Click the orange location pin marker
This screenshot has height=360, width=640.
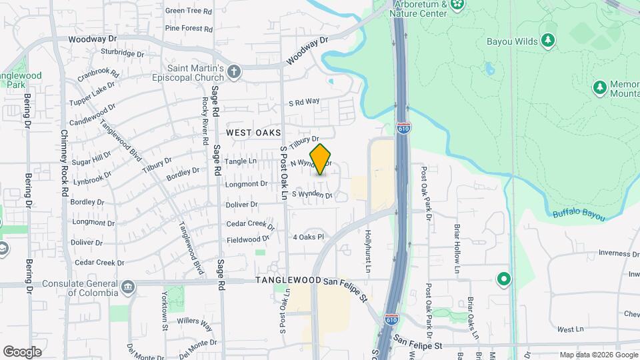coord(321,159)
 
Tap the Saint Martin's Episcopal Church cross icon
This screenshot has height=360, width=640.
coord(233,71)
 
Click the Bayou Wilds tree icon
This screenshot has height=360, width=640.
coord(548,41)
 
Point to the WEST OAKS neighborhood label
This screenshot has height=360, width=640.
coord(253,133)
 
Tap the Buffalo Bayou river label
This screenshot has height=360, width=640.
coord(578,215)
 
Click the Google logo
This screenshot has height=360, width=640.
coord(22,351)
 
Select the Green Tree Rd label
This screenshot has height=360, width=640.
coord(188,11)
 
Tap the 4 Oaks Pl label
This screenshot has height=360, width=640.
coord(308,237)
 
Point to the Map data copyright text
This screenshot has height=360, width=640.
coord(596,355)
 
